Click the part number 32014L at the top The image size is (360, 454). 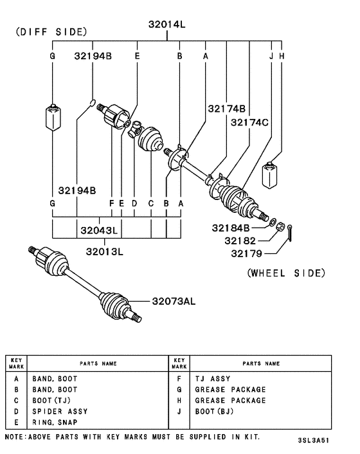pyautogui.click(x=166, y=24)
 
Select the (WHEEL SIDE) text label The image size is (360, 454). pyautogui.click(x=286, y=273)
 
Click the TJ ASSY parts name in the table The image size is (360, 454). pyautogui.click(x=212, y=379)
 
